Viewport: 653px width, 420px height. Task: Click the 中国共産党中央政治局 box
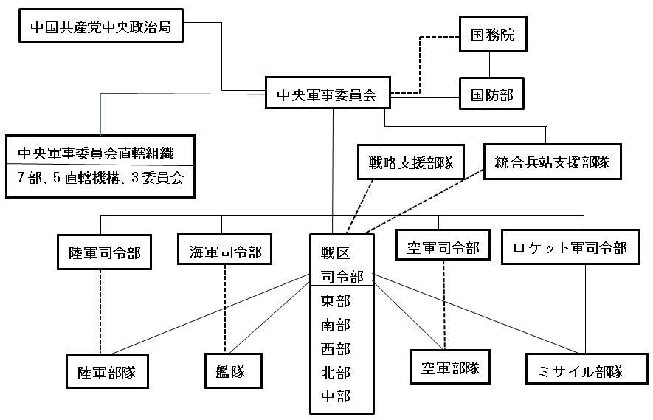100,27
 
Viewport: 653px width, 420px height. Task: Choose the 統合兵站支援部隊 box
550,162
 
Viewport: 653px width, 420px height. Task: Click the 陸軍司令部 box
99,253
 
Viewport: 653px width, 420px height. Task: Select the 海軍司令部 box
221,252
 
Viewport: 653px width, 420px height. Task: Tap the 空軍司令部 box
442,249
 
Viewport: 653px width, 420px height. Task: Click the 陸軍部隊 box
103,371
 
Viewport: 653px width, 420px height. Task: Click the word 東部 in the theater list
336,301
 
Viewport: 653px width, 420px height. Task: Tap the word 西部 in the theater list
336,348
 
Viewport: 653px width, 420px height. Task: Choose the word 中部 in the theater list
336,396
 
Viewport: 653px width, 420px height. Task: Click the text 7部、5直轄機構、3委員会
100,179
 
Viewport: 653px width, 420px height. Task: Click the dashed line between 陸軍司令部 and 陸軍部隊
100,310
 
